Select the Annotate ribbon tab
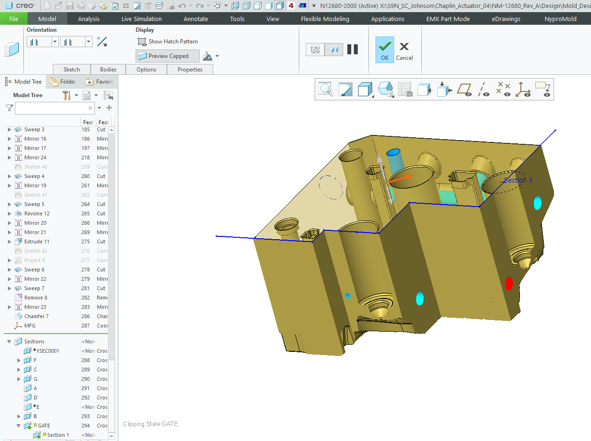195,19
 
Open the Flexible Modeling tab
324,19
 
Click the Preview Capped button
167,56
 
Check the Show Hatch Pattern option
167,42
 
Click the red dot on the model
509,283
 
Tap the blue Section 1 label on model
518,180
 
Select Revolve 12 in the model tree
36,213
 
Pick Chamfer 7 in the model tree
36,316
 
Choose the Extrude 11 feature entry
36,242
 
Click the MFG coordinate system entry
29,326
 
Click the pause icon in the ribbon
353,50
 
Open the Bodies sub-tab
108,70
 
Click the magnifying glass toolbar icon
325,89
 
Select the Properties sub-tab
190,70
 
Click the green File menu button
14,19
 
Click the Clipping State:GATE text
150,424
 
